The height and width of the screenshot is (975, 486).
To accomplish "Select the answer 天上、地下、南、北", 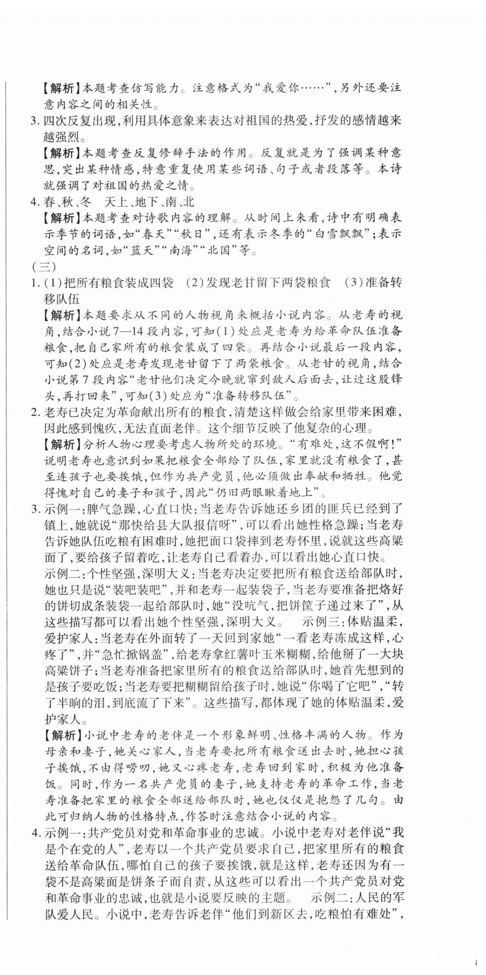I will click(150, 202).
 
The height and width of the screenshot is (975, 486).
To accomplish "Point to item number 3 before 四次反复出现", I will click(35, 121).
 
